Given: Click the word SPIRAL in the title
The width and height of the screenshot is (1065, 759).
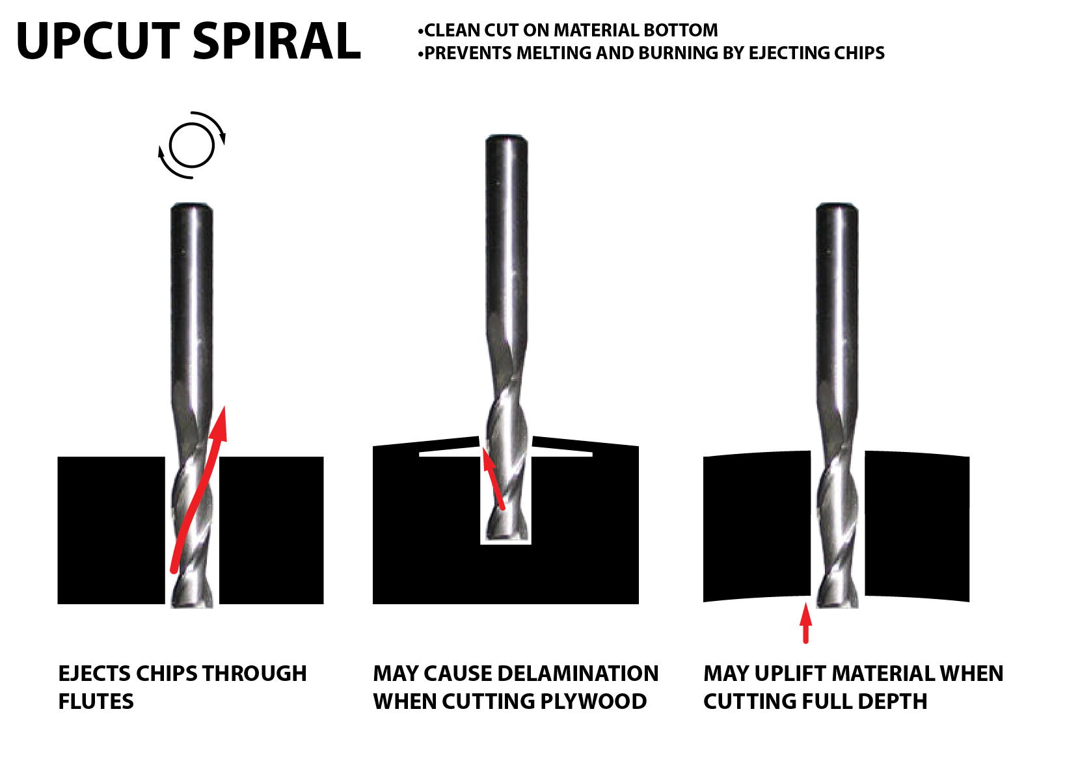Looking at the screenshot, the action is click(x=276, y=42).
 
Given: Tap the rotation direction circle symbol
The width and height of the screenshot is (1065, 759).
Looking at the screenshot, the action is click(x=192, y=146).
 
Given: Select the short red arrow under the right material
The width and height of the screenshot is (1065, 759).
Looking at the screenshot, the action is click(x=805, y=622).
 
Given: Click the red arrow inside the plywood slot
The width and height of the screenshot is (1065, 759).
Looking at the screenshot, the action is click(x=492, y=478).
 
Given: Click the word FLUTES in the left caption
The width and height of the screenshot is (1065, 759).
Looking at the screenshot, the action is click(x=96, y=702).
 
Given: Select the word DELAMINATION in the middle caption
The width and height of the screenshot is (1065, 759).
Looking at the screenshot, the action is click(x=578, y=673).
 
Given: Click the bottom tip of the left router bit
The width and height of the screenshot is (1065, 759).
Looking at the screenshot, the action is click(x=192, y=606).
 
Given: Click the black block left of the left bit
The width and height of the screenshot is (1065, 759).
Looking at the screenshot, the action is click(x=111, y=531).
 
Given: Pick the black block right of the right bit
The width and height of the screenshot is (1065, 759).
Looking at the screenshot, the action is click(x=917, y=526).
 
